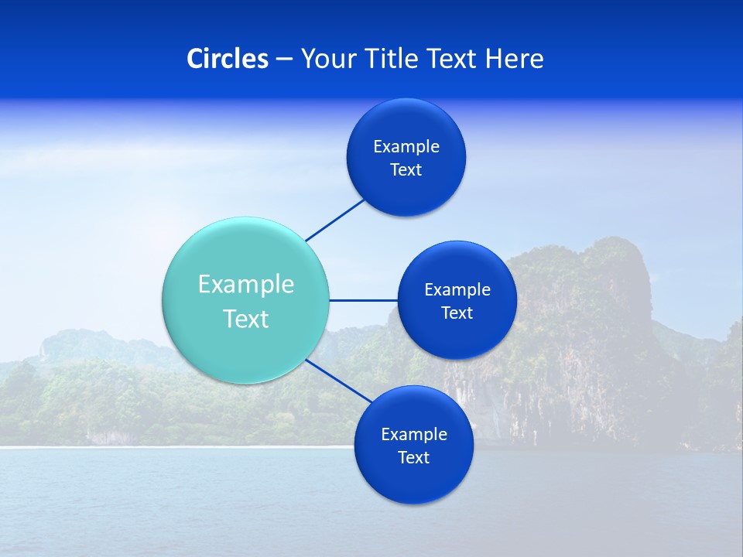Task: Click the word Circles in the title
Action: point(227,59)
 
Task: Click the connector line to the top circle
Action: point(335,220)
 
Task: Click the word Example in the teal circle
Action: point(246,284)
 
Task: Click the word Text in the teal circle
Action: point(246,319)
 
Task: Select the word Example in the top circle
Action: point(406,147)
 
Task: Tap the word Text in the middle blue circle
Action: point(457,313)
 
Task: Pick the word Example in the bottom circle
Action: point(413,434)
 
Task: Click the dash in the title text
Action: point(284,59)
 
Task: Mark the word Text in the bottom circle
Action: point(413,457)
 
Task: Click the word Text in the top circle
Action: point(406,169)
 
